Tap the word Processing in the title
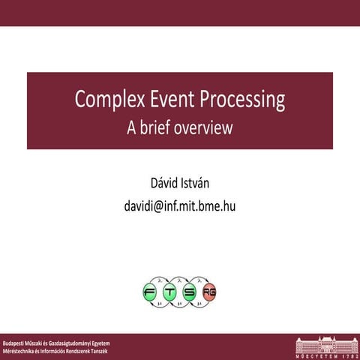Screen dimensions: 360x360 pyautogui.click(x=242, y=100)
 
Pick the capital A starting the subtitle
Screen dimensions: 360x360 pyautogui.click(x=132, y=127)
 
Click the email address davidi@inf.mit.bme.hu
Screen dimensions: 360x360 pyautogui.click(x=180, y=204)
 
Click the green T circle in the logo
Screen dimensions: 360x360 pyautogui.click(x=170, y=292)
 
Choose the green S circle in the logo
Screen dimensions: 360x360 pyautogui.click(x=190, y=292)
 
